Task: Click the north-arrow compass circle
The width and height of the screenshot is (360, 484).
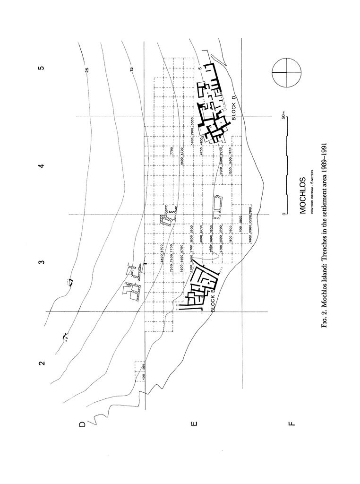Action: [x=286, y=73]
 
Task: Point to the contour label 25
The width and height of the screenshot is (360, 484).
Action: [x=87, y=70]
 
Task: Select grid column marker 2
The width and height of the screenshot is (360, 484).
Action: [x=42, y=363]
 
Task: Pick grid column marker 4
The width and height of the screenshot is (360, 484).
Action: [x=42, y=166]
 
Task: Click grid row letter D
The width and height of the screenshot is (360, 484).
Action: [x=83, y=424]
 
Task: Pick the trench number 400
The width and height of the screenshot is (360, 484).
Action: [x=144, y=378]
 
